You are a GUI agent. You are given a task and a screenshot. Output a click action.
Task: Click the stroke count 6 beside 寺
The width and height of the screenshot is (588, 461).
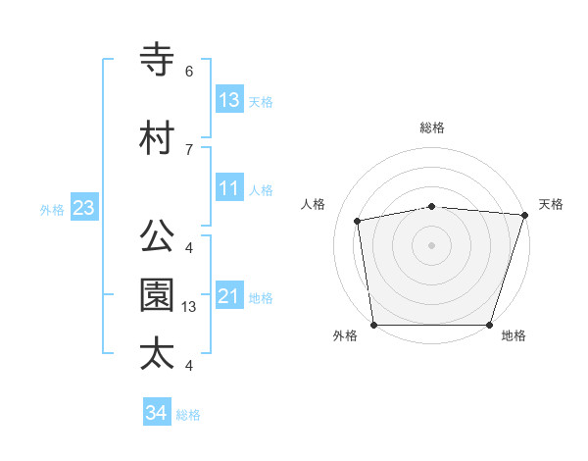(188, 72)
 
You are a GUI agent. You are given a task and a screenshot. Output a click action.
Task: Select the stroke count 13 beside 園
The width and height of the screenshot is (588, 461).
(190, 307)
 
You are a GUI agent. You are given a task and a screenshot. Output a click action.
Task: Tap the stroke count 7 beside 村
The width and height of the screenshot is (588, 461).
(188, 149)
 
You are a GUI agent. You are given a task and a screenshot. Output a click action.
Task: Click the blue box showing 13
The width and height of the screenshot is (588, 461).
(229, 99)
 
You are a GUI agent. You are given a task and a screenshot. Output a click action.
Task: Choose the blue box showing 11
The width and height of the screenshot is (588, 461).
(229, 187)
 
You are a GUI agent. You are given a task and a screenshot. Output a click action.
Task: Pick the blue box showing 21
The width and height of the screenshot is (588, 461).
(229, 295)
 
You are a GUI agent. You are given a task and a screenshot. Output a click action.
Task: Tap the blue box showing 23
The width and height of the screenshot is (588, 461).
(83, 207)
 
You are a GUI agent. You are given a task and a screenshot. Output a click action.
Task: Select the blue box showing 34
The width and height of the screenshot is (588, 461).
(156, 413)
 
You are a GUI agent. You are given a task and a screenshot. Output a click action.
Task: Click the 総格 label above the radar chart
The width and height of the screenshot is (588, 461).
(432, 128)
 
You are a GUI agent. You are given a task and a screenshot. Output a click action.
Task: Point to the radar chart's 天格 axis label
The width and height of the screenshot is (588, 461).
(551, 204)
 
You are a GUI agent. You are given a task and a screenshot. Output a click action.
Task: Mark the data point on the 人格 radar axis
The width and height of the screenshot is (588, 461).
(358, 221)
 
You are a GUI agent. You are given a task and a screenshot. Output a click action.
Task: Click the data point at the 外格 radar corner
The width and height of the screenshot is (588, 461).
(373, 325)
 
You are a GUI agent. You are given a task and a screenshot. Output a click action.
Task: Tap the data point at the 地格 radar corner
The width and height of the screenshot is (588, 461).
(490, 325)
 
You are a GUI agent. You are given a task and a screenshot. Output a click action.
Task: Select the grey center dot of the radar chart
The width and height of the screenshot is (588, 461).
(431, 244)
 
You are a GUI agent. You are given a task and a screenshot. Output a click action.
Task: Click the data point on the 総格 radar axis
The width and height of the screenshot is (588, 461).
(431, 206)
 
